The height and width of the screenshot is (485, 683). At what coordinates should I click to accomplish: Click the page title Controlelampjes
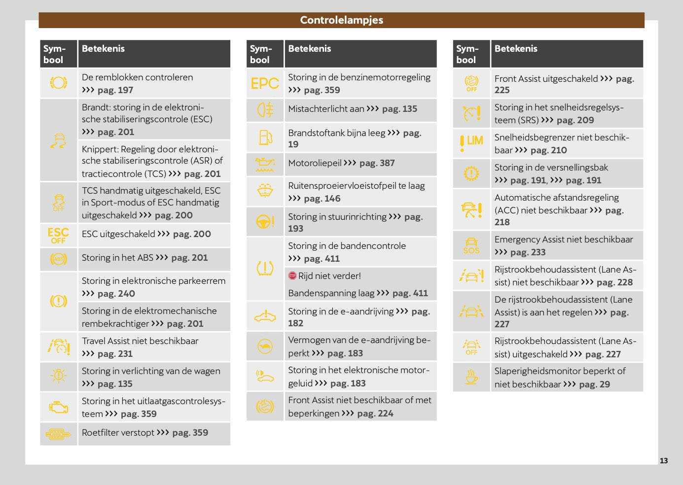[341, 20]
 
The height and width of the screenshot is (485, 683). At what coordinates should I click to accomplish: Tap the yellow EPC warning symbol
[265, 83]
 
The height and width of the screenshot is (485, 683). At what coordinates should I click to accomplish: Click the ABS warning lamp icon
[58, 259]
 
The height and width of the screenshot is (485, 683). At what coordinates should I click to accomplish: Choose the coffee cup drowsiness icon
[471, 377]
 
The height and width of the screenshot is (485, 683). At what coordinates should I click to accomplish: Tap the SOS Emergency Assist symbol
[471, 245]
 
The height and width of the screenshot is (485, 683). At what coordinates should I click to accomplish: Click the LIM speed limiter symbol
[471, 142]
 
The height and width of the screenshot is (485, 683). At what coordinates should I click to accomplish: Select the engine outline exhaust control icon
[58, 407]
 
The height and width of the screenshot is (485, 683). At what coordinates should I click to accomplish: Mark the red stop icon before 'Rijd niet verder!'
[292, 276]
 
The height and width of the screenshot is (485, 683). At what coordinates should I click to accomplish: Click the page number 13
[664, 460]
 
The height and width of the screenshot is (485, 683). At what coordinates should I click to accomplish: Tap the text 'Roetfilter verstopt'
[118, 433]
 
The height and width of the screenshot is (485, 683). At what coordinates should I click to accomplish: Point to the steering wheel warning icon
[265, 222]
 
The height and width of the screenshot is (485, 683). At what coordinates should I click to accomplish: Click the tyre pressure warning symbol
[265, 268]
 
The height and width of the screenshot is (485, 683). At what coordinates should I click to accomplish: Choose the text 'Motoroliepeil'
[315, 163]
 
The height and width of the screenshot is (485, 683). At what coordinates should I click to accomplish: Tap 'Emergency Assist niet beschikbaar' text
[564, 240]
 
